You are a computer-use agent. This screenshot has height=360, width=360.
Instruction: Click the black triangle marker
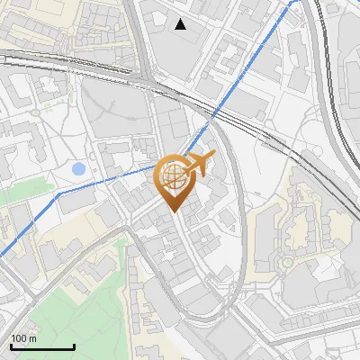coord(181,24)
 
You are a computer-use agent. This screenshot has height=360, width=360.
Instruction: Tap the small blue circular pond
coord(78,168)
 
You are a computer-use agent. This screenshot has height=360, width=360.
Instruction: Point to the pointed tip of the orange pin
coord(173,211)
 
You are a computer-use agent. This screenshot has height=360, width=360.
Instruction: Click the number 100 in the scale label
coord(20,338)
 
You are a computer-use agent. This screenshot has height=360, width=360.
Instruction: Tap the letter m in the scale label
coord(33,338)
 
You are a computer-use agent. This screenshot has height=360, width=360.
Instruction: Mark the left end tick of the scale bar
coord(11,346)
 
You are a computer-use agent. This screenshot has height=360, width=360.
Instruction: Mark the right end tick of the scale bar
coord(74,346)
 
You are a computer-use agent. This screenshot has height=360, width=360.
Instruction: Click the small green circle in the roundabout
coord(288,262)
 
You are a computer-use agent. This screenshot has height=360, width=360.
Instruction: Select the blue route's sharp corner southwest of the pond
coord(58,193)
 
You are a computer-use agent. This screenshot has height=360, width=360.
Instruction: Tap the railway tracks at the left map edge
coord(4,58)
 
